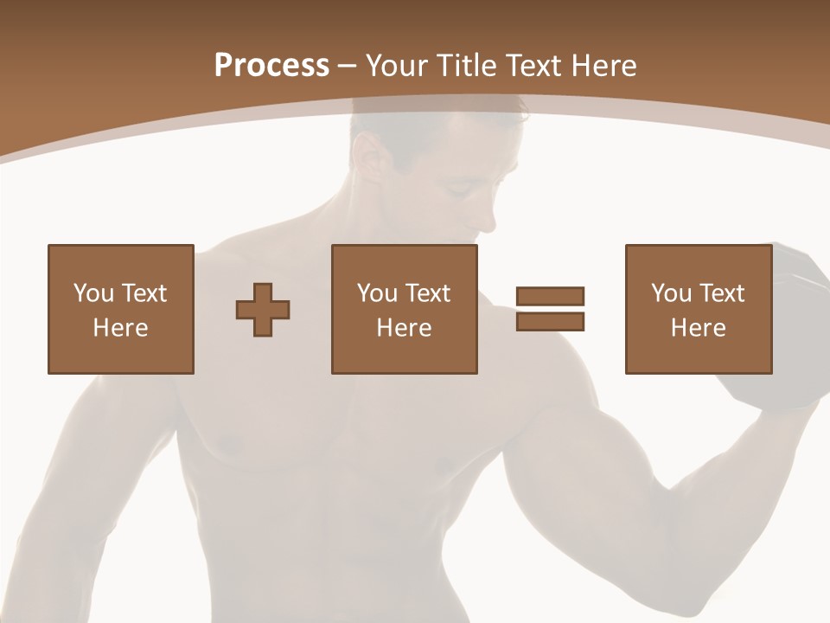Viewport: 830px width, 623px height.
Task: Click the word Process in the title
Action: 271,66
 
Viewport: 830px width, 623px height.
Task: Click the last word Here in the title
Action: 605,66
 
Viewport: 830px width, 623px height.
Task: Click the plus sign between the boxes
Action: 263,309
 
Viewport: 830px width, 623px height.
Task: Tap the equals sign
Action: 550,309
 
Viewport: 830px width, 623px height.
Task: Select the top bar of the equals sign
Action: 550,297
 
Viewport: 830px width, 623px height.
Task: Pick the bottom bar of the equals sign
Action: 550,321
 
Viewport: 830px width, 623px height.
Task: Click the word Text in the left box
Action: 143,293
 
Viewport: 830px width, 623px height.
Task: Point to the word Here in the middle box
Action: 404,328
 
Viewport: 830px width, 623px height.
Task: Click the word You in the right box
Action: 671,293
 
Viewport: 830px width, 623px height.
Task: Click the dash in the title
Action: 348,66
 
